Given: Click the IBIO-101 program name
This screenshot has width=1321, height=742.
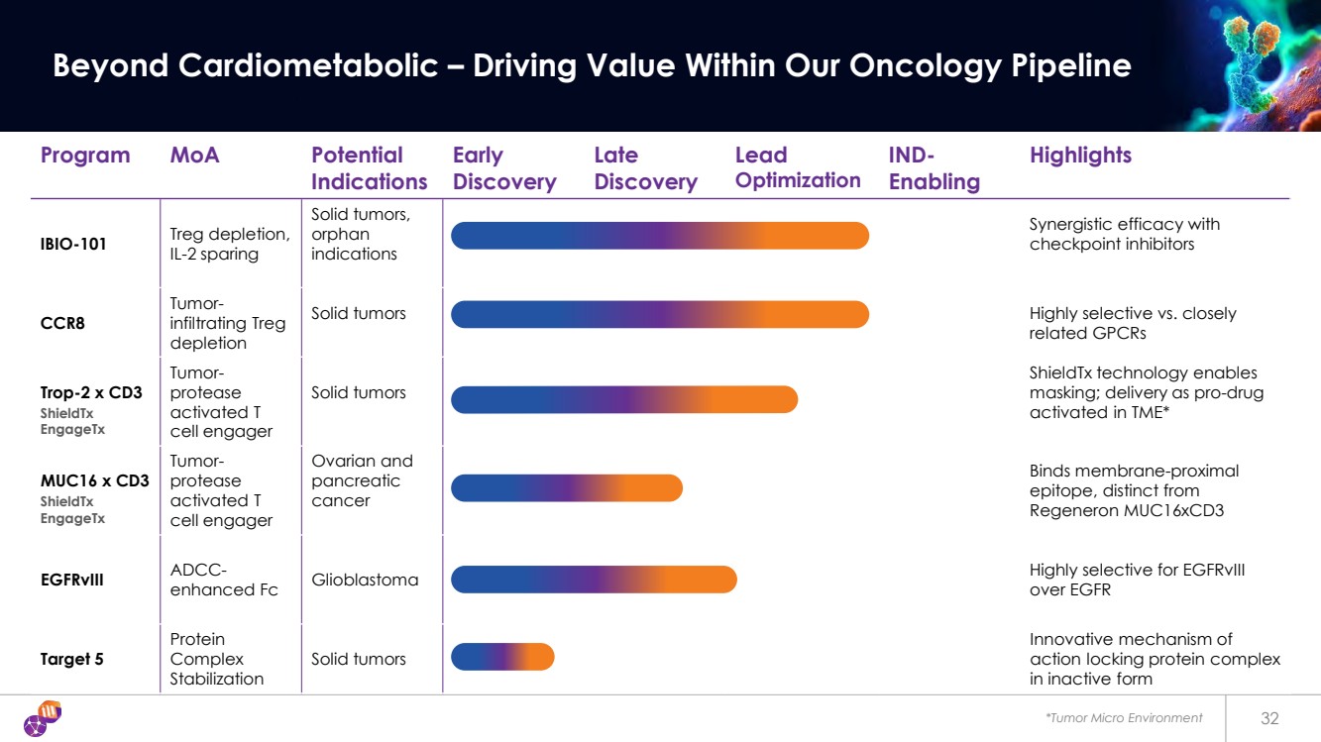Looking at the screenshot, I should point(74,244).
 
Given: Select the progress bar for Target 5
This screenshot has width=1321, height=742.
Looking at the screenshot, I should point(502,657).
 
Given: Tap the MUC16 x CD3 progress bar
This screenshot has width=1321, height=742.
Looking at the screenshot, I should point(567,488).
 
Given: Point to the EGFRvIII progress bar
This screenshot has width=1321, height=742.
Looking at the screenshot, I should point(594,580).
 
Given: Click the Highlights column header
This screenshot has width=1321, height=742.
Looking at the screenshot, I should point(1080,156).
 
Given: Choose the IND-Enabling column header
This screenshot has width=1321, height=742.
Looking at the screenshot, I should point(934,168).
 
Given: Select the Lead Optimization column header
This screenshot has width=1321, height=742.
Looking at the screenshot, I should point(798,168).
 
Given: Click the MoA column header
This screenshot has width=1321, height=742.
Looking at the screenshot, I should point(194,156).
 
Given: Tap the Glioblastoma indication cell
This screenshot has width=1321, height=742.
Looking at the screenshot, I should point(365,580).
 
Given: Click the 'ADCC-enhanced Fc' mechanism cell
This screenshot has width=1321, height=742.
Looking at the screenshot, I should point(224,580).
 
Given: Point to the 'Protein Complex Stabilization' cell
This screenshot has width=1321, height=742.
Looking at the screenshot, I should point(217,659).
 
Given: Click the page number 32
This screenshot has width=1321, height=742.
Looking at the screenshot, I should point(1270,718).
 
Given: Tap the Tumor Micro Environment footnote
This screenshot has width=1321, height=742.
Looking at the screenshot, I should point(1125,718).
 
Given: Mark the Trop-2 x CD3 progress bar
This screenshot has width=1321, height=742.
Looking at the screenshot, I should point(624,399).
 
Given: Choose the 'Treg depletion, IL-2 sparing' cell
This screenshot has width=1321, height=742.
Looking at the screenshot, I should point(230,244).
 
